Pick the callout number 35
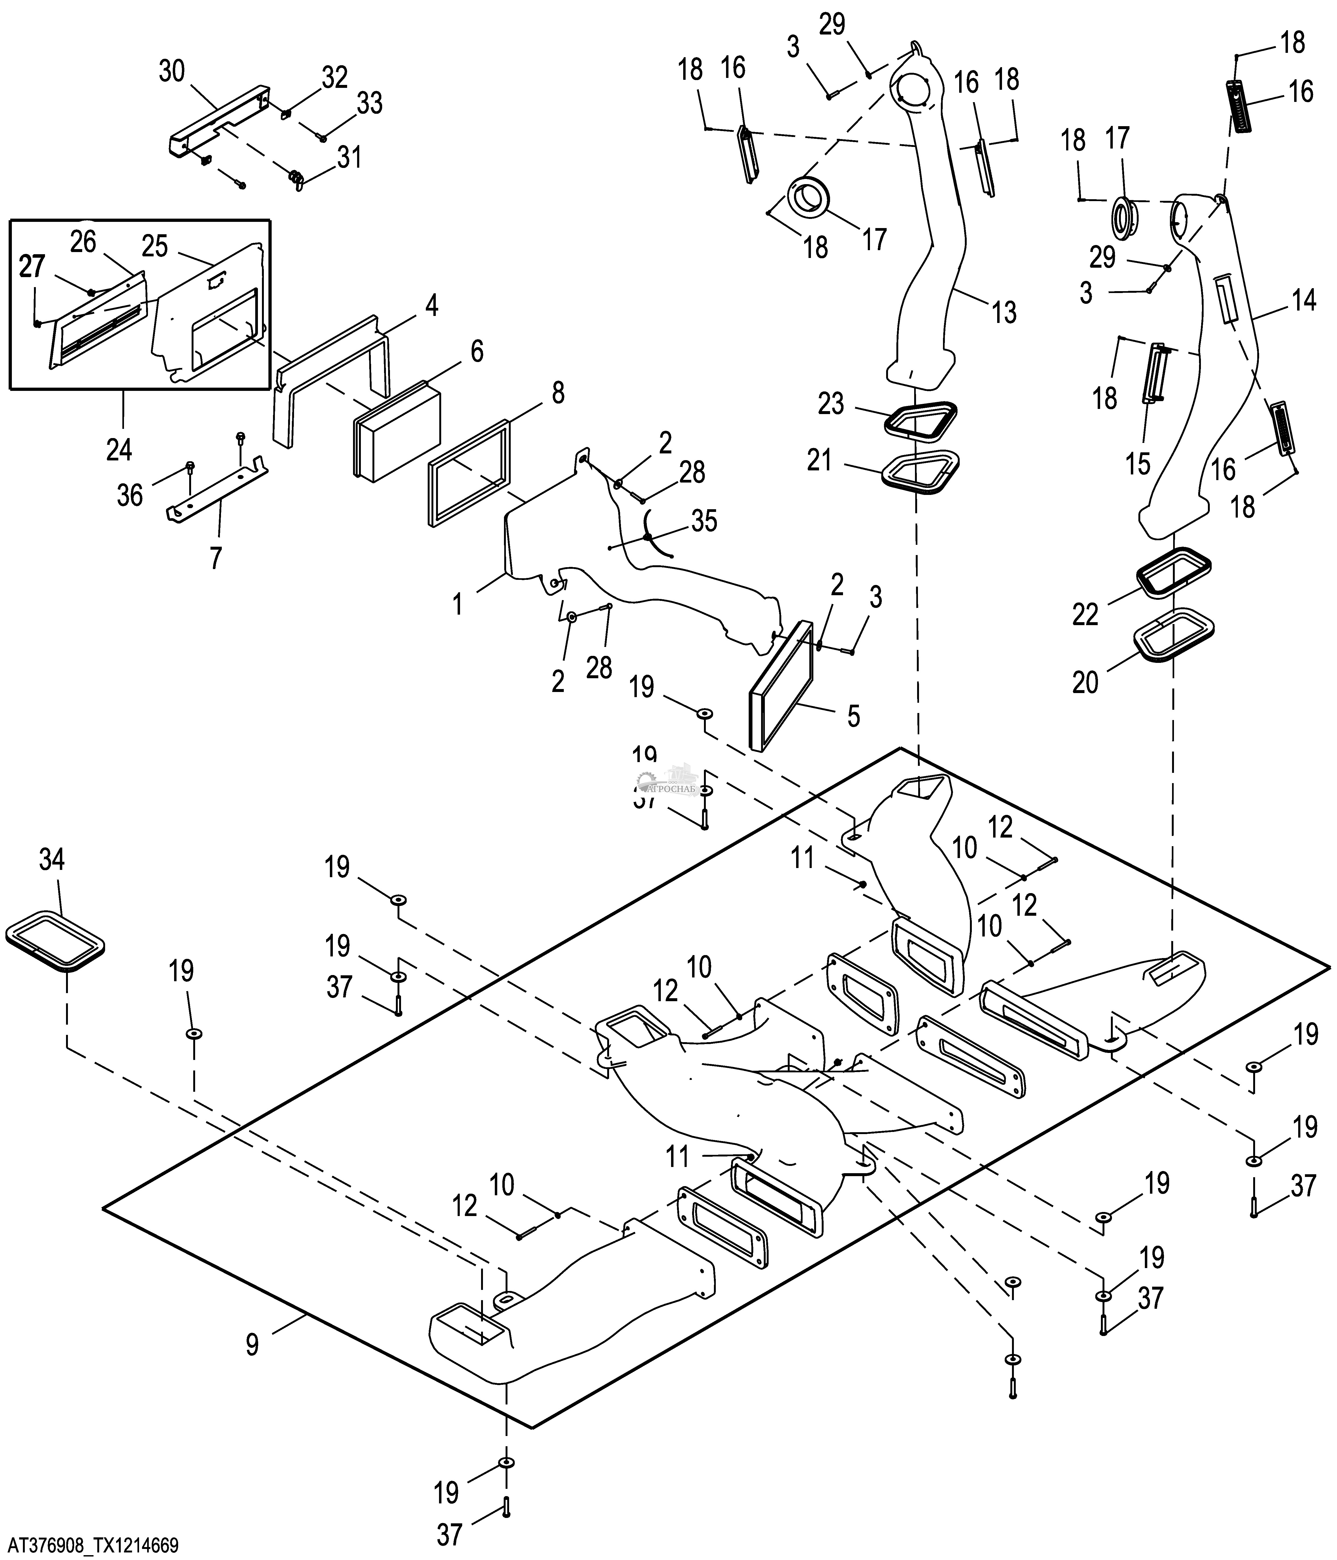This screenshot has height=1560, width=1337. pyautogui.click(x=704, y=521)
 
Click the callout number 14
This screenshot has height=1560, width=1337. pyautogui.click(x=1304, y=300)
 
